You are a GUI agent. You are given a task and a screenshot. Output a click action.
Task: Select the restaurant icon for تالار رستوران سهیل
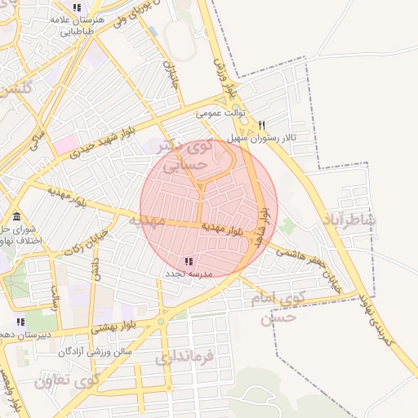point(262,126)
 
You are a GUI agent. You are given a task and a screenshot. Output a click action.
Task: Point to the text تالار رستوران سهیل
point(262,138)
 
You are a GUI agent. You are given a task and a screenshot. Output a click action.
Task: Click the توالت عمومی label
point(220,115)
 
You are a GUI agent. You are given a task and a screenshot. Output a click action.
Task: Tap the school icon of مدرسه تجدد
point(189,261)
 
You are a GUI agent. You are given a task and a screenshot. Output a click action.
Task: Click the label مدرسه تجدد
point(189,273)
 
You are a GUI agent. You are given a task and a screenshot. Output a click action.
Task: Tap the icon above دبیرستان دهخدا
point(20,322)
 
